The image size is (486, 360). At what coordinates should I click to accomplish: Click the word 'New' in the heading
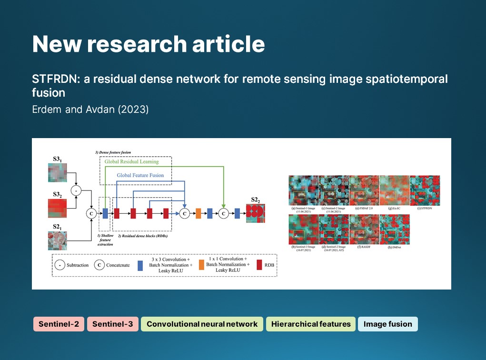(57, 44)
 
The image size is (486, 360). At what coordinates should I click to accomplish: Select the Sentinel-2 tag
(59, 324)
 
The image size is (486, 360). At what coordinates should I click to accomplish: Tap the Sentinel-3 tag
(112, 324)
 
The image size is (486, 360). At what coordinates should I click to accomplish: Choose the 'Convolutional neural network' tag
(202, 324)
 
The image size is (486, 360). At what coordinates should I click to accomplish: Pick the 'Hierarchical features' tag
(310, 324)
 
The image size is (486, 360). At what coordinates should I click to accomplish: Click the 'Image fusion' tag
(387, 324)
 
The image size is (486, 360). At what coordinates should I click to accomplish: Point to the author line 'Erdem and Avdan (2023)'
(90, 110)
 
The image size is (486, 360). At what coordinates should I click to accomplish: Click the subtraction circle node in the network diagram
(76, 190)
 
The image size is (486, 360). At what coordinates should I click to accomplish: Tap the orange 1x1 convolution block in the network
(198, 214)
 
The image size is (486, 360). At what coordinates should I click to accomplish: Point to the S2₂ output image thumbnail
(255, 213)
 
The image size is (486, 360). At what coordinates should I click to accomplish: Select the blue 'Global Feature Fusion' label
(140, 175)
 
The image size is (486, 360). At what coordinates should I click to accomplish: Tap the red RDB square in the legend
(259, 264)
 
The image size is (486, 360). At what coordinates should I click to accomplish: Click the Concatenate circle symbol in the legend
(99, 265)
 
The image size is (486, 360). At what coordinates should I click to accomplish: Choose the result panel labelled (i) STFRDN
(425, 190)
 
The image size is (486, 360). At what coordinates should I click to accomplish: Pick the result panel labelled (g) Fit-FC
(395, 190)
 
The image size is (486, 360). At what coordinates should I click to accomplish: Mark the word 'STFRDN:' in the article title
(56, 79)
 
